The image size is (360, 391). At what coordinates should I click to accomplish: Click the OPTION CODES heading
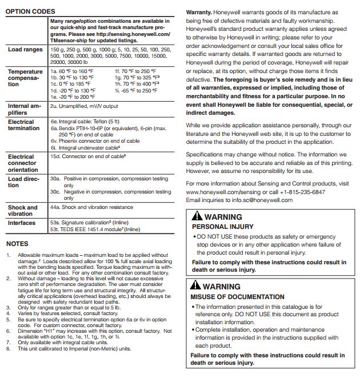pyautogui.click(x=30, y=11)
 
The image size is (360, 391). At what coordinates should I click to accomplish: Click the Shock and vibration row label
pyautogui.click(x=23, y=211)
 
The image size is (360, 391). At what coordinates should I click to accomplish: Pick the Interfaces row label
pyautogui.click(x=21, y=223)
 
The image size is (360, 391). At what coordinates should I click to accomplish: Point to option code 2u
pyautogui.click(x=53, y=106)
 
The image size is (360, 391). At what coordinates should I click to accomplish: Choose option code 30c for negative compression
pyautogui.click(x=55, y=192)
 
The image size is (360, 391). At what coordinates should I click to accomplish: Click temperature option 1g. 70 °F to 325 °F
pyautogui.click(x=135, y=77)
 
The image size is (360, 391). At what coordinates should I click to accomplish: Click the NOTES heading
pyautogui.click(x=17, y=244)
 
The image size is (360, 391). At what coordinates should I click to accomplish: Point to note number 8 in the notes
pyautogui.click(x=8, y=349)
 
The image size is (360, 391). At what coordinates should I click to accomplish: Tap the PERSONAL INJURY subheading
pyautogui.click(x=217, y=226)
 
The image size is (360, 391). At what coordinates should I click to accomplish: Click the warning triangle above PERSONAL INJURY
pyautogui.click(x=196, y=216)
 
